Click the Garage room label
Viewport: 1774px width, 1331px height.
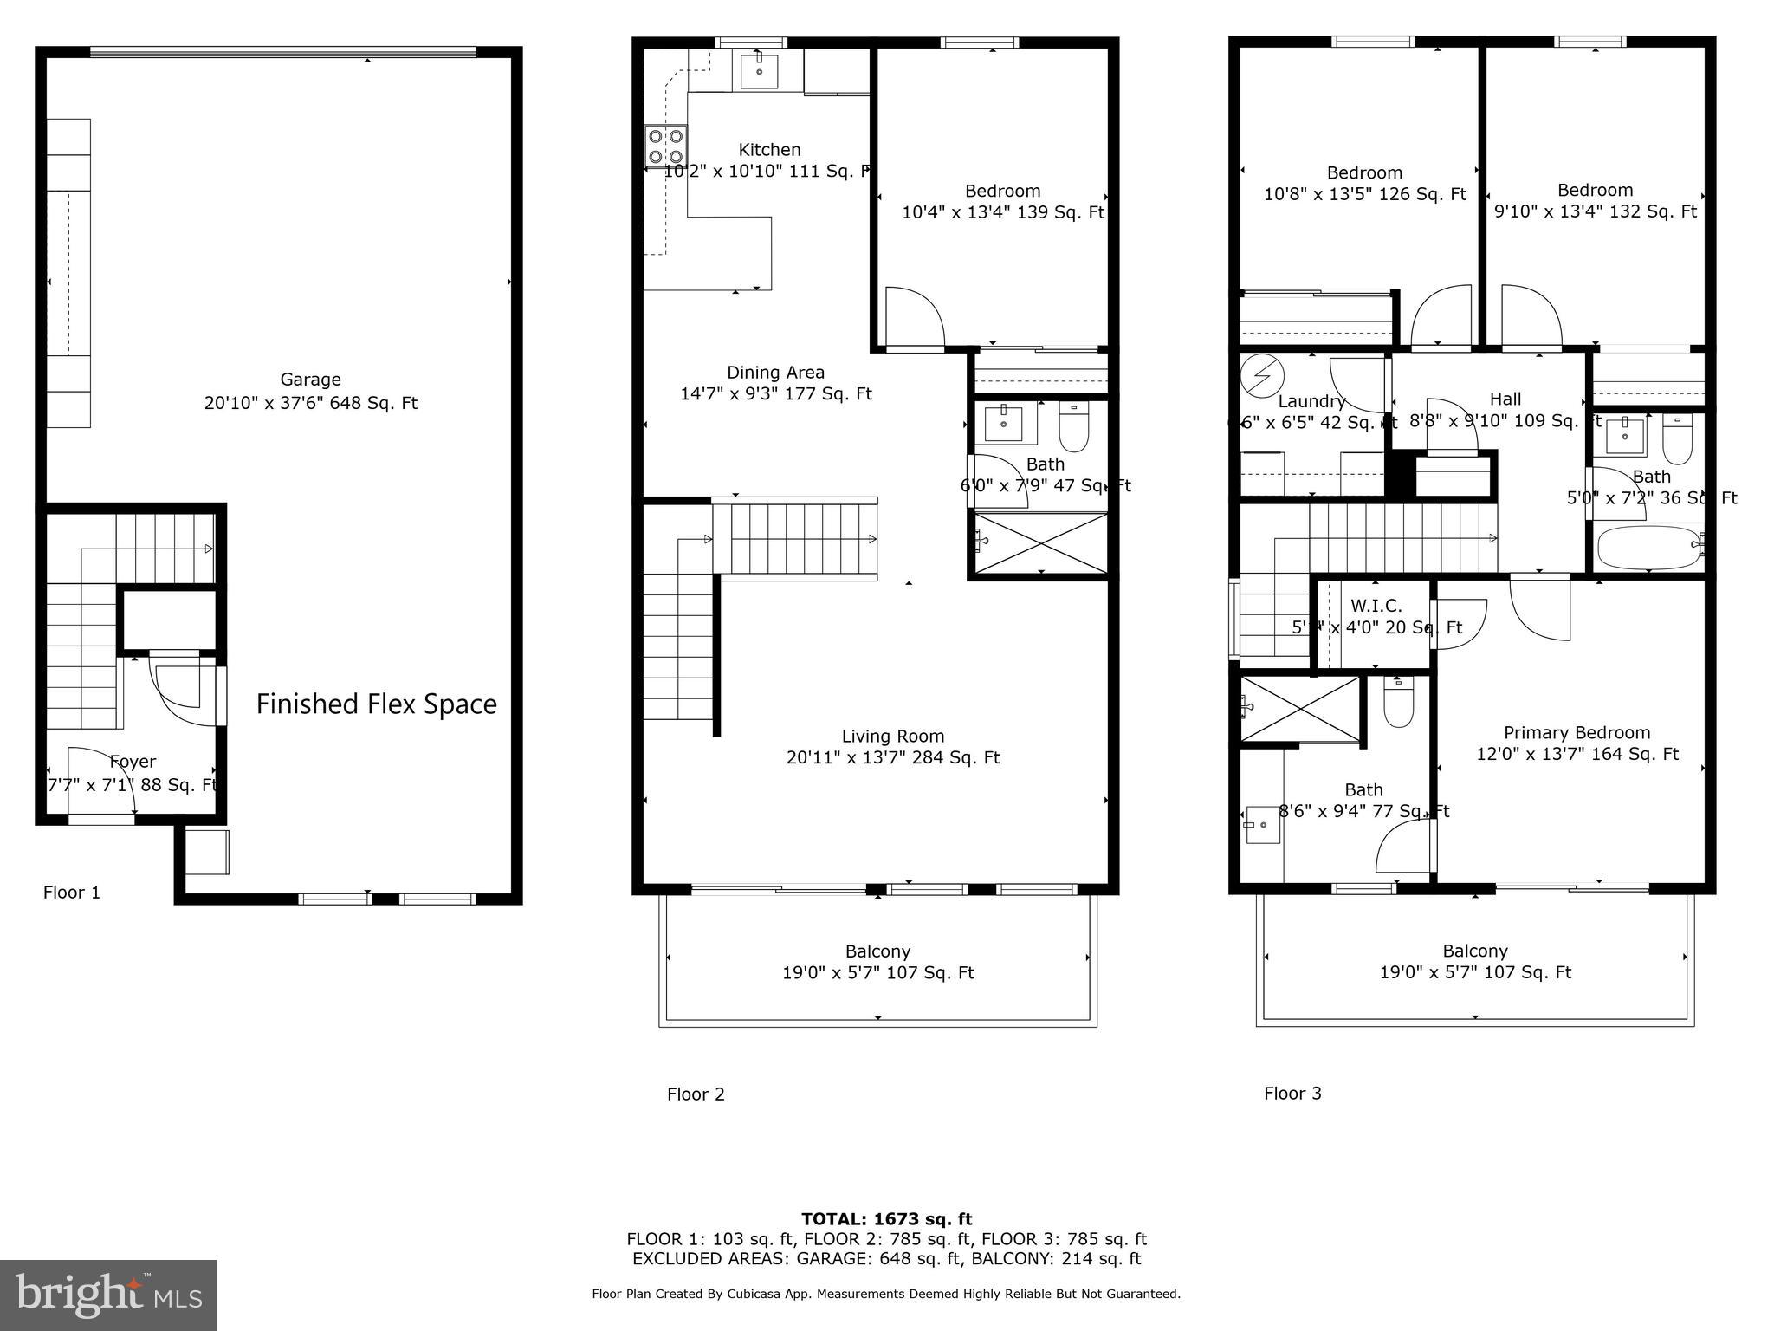[310, 380]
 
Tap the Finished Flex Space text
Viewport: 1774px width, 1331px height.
[376, 704]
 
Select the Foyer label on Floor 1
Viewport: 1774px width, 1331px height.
[133, 762]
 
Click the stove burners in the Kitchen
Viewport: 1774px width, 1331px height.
[665, 146]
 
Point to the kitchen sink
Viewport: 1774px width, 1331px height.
[760, 69]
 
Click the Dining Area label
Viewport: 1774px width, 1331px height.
[775, 373]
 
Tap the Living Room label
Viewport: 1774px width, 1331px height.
[892, 737]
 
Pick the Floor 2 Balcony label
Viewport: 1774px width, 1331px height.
[877, 951]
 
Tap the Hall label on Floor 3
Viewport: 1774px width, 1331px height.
[1505, 399]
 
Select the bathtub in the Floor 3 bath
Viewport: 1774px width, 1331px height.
[1649, 547]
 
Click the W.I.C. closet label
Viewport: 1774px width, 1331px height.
[1376, 607]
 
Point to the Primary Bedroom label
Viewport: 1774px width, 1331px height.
[1577, 733]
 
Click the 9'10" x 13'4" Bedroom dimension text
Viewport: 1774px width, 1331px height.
[1595, 211]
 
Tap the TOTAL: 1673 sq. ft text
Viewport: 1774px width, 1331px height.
[886, 1219]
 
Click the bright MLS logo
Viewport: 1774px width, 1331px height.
[107, 1295]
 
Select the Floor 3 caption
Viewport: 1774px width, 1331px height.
[1292, 1094]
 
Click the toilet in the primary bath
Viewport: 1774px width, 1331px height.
[1398, 703]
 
